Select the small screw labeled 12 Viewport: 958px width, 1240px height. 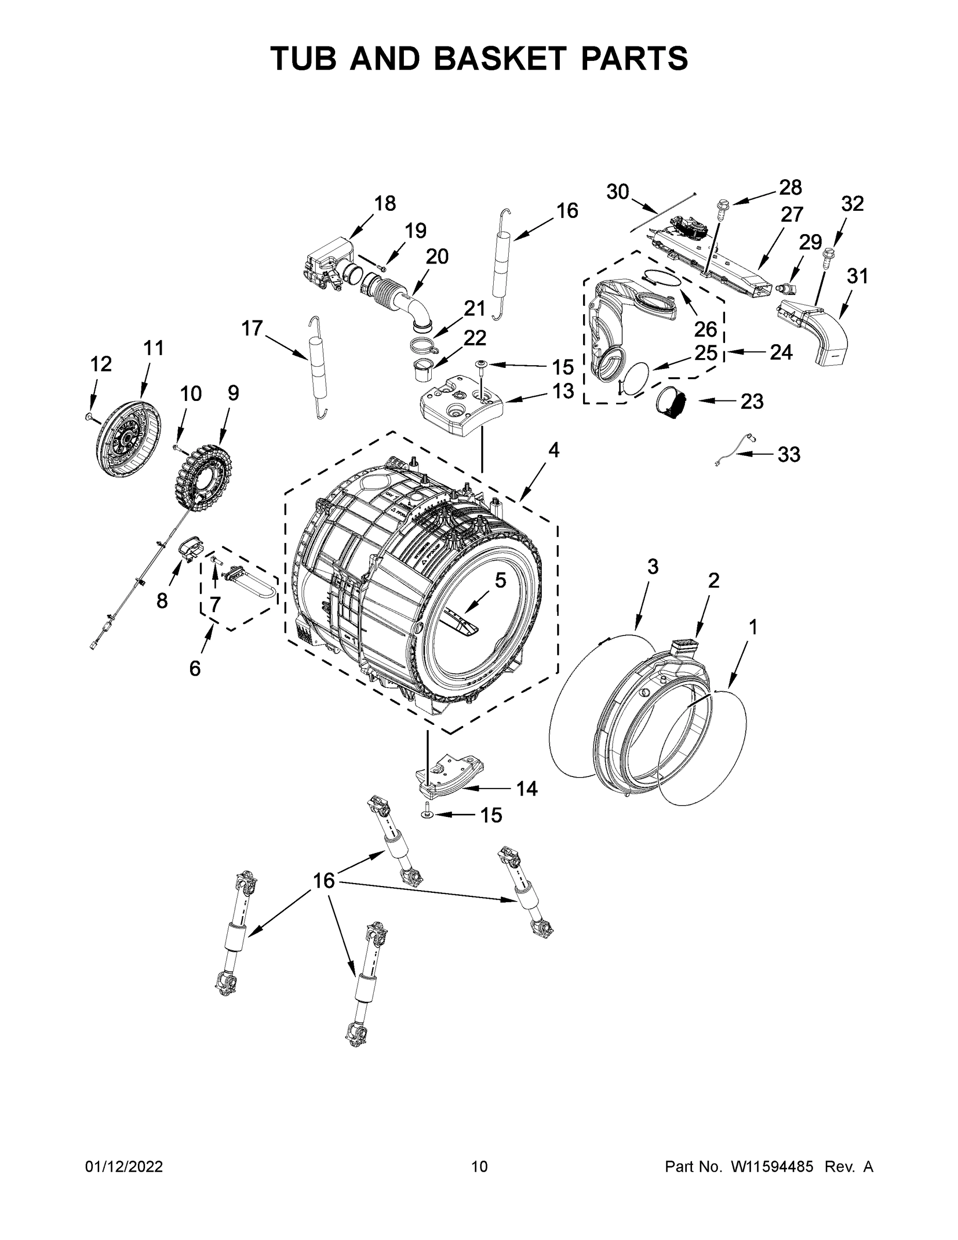[88, 417]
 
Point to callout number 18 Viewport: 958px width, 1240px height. [385, 203]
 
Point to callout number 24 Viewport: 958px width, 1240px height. [781, 352]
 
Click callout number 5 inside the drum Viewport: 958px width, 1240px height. [499, 580]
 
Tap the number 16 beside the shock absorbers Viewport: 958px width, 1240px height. [324, 880]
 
